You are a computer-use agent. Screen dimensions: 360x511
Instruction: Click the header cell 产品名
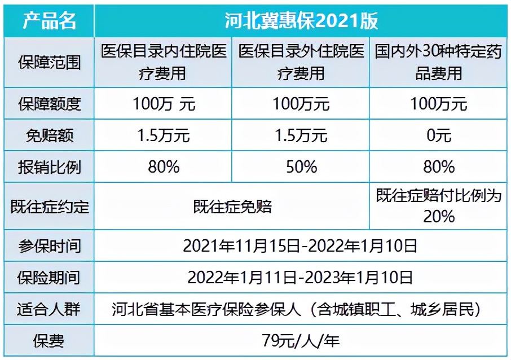(x=49, y=20)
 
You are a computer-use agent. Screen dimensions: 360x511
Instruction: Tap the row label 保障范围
(x=49, y=62)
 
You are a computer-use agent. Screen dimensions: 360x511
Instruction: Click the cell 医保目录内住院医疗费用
(x=164, y=62)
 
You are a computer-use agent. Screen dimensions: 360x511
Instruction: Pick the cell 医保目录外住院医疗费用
(x=301, y=62)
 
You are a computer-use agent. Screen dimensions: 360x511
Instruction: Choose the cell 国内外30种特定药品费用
(x=438, y=62)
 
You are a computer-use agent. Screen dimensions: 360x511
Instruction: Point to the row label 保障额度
(x=49, y=104)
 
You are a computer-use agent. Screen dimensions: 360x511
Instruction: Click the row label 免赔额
(x=49, y=135)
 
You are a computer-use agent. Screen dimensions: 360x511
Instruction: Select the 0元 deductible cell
(x=438, y=135)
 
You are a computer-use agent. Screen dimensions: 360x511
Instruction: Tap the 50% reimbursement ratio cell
(x=301, y=166)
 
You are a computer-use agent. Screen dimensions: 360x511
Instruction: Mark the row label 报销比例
(x=49, y=166)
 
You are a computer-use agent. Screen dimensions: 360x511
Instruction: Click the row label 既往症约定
(x=49, y=206)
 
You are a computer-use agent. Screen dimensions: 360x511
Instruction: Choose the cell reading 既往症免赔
(x=232, y=206)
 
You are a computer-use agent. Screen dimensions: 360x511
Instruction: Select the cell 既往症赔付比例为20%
(x=438, y=205)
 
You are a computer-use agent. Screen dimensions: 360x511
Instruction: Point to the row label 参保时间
(x=49, y=246)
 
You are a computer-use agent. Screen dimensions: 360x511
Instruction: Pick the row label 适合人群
(x=49, y=309)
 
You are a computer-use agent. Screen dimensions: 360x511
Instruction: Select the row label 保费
(x=49, y=340)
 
